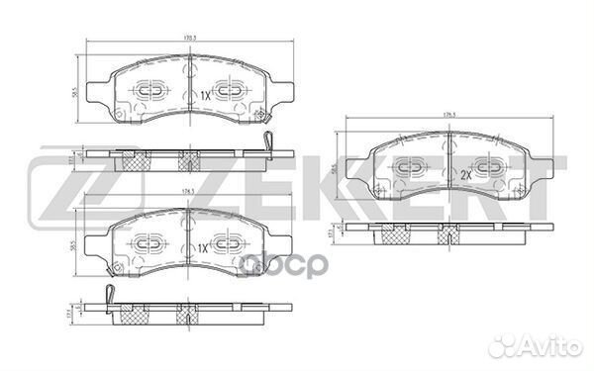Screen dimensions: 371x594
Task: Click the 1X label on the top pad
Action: coord(205,95)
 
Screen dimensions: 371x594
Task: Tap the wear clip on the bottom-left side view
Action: coord(111,294)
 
